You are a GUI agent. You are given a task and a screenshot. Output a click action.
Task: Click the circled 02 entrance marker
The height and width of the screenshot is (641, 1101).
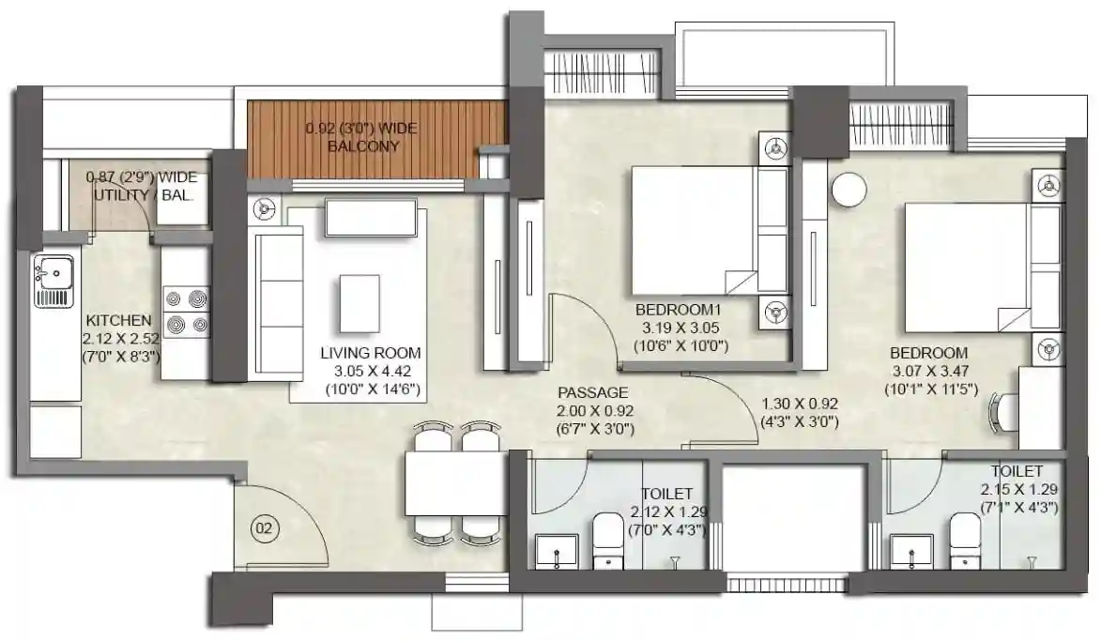point(264,527)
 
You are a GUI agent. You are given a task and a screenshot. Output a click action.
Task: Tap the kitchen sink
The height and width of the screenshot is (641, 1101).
point(54,282)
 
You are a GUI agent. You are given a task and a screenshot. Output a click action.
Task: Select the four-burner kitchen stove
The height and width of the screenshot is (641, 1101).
point(186,313)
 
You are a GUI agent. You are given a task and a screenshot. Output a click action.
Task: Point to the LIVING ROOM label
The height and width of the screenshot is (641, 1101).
point(371,353)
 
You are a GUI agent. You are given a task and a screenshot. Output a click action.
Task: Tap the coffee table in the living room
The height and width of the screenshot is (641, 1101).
point(359,302)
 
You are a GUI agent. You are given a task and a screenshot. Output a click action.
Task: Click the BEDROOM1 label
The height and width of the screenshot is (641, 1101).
point(679,310)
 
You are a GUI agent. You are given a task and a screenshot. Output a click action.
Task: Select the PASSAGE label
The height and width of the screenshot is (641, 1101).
point(593,393)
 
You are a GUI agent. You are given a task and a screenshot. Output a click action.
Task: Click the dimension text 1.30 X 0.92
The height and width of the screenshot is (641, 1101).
point(800,404)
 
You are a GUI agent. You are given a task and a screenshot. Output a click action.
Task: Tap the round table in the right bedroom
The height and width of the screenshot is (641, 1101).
point(849,190)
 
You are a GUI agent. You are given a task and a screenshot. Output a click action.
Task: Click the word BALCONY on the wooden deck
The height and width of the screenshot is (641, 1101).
point(364,146)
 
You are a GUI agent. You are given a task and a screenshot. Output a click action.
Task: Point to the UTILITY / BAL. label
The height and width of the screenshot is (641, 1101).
point(144,195)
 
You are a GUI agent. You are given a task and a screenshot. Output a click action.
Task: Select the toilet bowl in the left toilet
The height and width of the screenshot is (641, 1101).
point(607,540)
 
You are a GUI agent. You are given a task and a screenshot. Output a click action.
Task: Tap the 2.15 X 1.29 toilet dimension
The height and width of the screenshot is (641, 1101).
point(1019,489)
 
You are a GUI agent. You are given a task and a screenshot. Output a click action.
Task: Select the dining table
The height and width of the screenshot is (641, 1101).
point(456,483)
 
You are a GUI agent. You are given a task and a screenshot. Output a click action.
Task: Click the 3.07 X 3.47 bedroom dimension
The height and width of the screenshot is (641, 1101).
point(931,372)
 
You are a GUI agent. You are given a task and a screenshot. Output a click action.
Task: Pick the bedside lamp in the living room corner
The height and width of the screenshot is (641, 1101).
point(265,208)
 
